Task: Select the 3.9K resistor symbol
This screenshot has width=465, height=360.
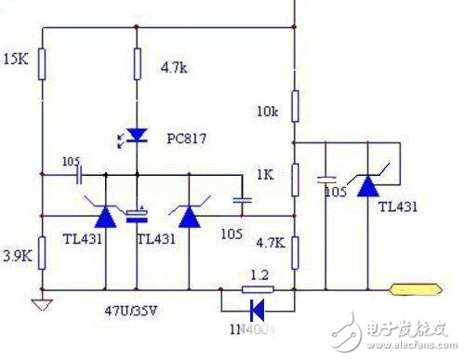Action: (x=41, y=252)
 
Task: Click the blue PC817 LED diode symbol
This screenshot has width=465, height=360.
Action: (x=137, y=136)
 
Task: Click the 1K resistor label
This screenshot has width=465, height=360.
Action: (x=264, y=174)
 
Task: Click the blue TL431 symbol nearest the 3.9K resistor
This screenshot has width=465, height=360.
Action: (x=105, y=216)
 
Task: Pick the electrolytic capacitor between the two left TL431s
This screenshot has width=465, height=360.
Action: (x=137, y=216)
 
